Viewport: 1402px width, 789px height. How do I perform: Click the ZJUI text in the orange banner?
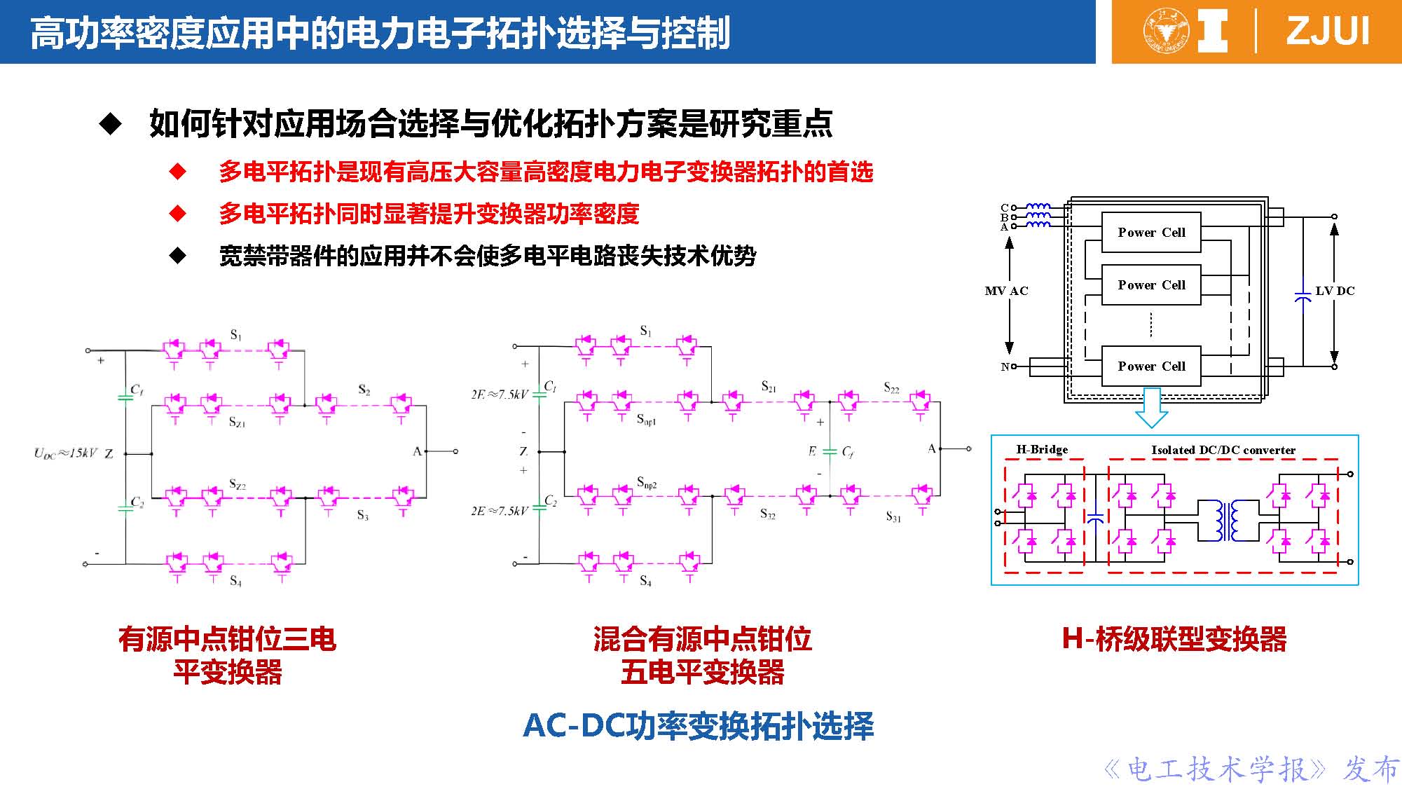coord(1327,32)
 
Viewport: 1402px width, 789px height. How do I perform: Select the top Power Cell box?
coord(1151,233)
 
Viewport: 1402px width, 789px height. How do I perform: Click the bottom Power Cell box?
coord(1151,366)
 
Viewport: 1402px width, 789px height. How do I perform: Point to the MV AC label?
coord(1006,291)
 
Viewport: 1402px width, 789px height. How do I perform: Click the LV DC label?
coord(1335,291)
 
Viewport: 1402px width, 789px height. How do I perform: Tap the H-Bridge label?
coord(1042,450)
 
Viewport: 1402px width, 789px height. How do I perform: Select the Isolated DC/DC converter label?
coord(1223,450)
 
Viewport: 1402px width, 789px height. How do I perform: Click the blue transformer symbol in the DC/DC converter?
coord(1228,520)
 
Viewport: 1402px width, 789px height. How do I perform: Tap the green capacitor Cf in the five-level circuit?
coord(830,452)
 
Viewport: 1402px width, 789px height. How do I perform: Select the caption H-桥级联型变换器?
coord(1174,639)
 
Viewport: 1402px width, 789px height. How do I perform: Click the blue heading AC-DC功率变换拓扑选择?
coord(699,726)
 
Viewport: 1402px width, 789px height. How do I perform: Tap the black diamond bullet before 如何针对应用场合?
coord(111,125)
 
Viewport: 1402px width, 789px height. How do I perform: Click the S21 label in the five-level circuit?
coord(768,387)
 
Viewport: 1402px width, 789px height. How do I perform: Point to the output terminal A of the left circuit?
coord(455,451)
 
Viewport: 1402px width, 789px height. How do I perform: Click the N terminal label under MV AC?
coord(1005,366)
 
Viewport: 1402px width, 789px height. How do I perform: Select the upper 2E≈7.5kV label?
coord(499,395)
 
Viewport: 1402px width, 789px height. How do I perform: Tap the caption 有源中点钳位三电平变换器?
coord(227,655)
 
